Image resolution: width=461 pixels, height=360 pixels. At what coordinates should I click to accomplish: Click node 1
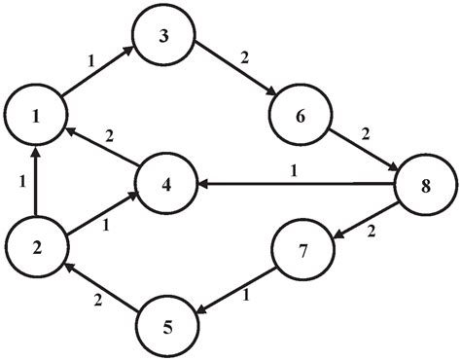point(36,118)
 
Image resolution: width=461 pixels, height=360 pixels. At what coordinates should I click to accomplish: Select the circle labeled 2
point(36,246)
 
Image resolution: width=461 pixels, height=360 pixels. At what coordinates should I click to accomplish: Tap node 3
point(164,36)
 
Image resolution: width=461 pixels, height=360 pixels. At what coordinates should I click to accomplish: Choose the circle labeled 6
point(298,115)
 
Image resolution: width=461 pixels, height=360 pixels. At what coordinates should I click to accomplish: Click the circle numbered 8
point(425,182)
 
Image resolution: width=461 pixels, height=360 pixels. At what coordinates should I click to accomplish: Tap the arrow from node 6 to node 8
point(361,148)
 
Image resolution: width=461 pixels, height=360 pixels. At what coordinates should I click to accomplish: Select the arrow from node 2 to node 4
point(100,214)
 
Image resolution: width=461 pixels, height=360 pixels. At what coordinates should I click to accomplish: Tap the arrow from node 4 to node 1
point(100,149)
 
